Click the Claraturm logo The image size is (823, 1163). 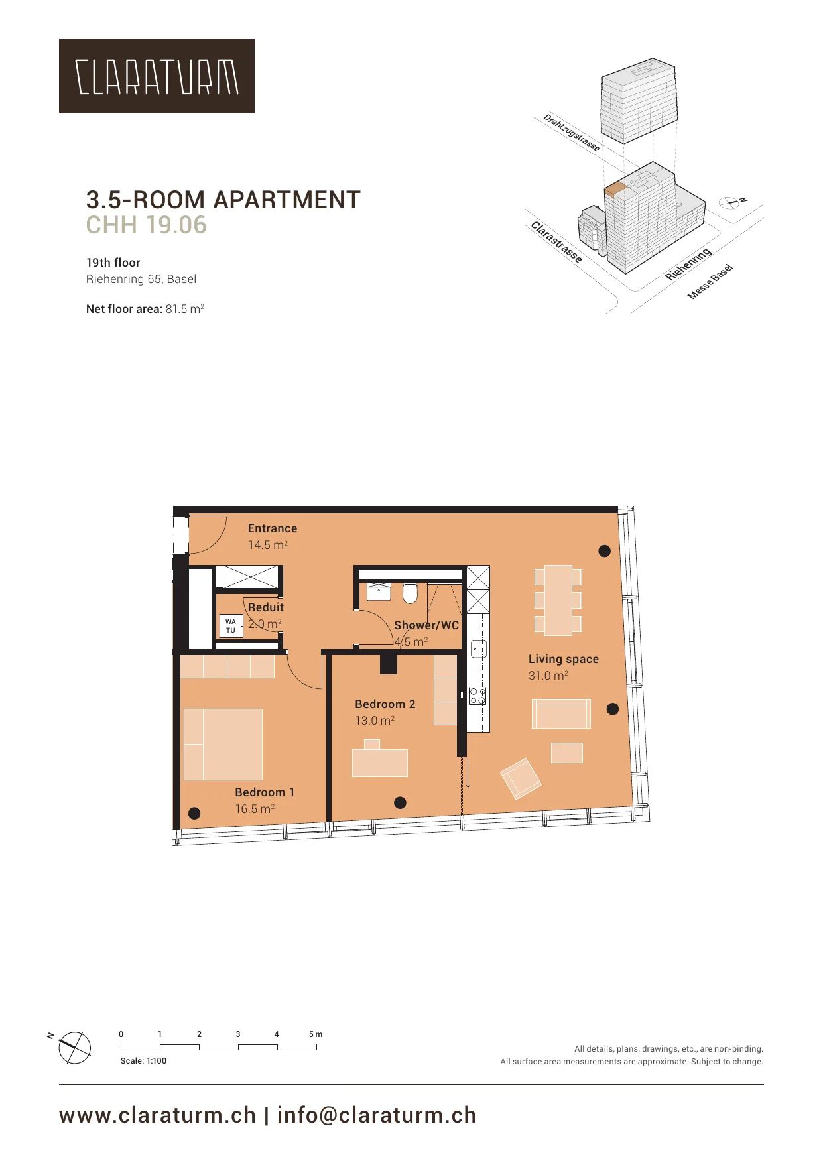[157, 76]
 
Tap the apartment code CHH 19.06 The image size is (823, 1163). [147, 225]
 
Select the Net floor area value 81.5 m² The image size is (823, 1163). [184, 309]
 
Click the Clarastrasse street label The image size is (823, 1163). [556, 242]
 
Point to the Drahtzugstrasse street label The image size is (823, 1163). [572, 133]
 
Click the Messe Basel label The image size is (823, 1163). [710, 282]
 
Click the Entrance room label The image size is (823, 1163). [273, 528]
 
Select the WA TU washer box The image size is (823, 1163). [231, 626]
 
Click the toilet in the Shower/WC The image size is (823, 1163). [411, 593]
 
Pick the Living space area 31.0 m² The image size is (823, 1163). [548, 676]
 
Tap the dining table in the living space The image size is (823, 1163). [558, 600]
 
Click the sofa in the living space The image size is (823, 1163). [561, 713]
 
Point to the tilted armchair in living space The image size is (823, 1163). [521, 778]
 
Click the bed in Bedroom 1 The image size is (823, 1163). [223, 745]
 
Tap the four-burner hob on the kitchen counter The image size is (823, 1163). [477, 696]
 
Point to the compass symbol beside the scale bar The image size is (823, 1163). [74, 1048]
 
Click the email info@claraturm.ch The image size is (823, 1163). [377, 1115]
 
